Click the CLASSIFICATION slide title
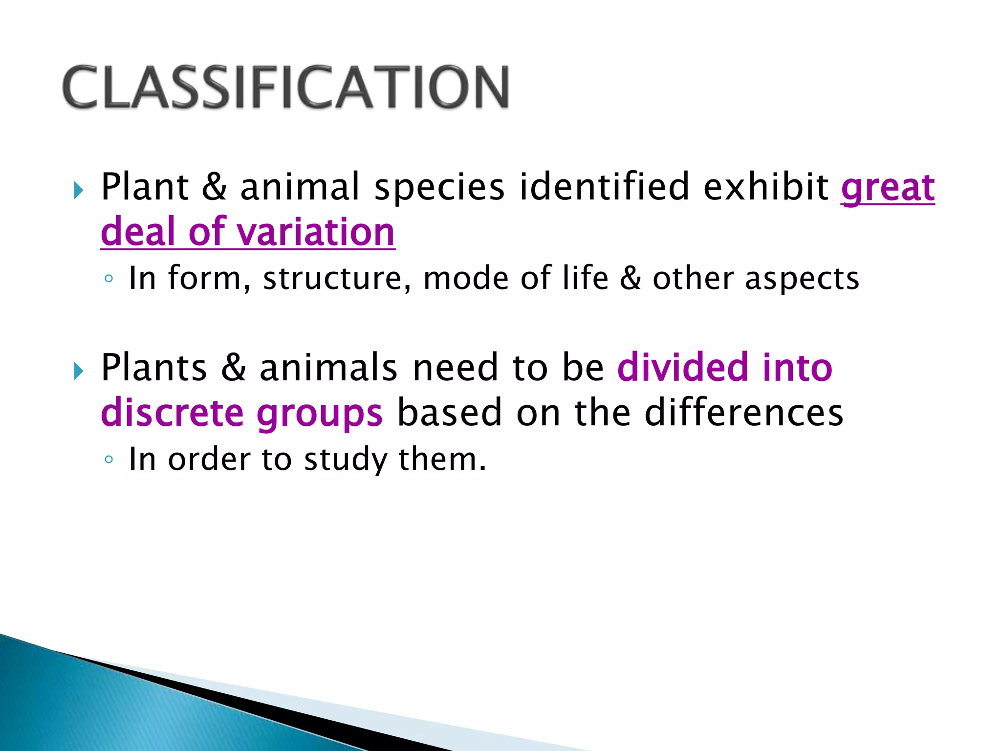pos(286,87)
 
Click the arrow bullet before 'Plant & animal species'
pos(78,190)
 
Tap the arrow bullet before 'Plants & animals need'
pos(78,371)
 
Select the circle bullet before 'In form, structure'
pos(109,279)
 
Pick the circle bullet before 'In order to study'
pos(109,460)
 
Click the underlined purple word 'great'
pos(887,188)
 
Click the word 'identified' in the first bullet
pos(604,187)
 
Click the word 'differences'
pos(743,412)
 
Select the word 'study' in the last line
pos(345,460)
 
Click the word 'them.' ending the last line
pos(442,459)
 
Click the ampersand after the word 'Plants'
pos(233,368)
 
